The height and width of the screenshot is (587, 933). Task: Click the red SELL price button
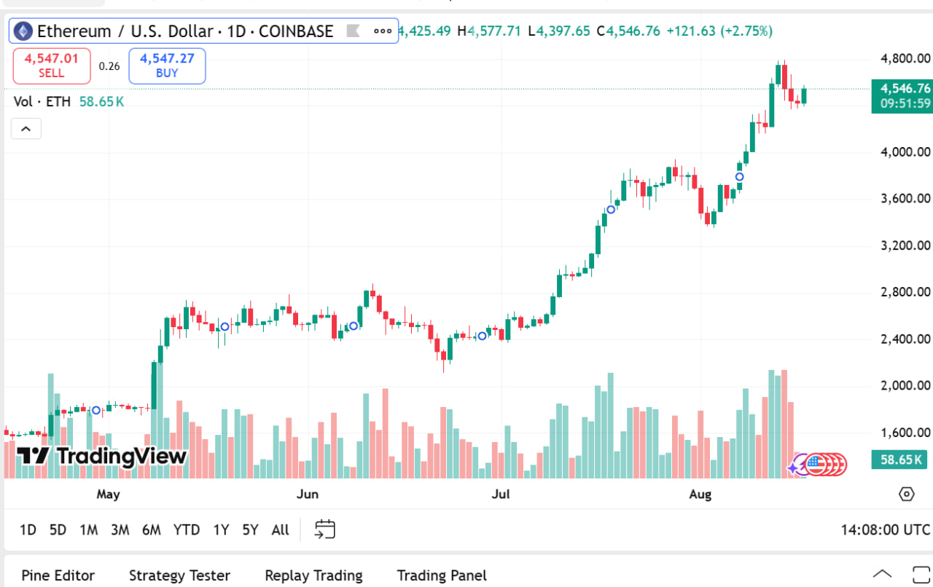(x=52, y=66)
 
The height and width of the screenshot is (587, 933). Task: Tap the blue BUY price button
(x=167, y=66)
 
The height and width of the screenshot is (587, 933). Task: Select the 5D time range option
(x=58, y=529)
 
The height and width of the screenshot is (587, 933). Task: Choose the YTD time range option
(x=187, y=529)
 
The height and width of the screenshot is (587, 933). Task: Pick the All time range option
(x=280, y=529)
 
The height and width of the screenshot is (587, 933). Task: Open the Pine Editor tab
(x=58, y=575)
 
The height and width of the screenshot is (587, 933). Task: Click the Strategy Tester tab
(x=179, y=575)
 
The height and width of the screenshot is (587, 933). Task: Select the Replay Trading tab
(x=313, y=575)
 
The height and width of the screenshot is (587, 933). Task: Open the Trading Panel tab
(x=442, y=575)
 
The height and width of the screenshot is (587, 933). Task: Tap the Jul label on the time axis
(x=501, y=495)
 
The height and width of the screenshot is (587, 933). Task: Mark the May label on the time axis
(x=108, y=495)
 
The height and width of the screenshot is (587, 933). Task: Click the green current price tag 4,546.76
(x=902, y=89)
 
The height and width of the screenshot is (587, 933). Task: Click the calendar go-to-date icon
(x=325, y=529)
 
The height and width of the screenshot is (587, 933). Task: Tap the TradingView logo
(x=102, y=457)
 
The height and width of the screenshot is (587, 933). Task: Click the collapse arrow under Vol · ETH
(x=26, y=129)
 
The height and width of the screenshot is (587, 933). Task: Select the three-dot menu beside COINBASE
(x=383, y=31)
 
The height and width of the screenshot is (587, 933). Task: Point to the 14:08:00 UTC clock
(x=885, y=529)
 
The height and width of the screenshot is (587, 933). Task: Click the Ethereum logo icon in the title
(x=23, y=31)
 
